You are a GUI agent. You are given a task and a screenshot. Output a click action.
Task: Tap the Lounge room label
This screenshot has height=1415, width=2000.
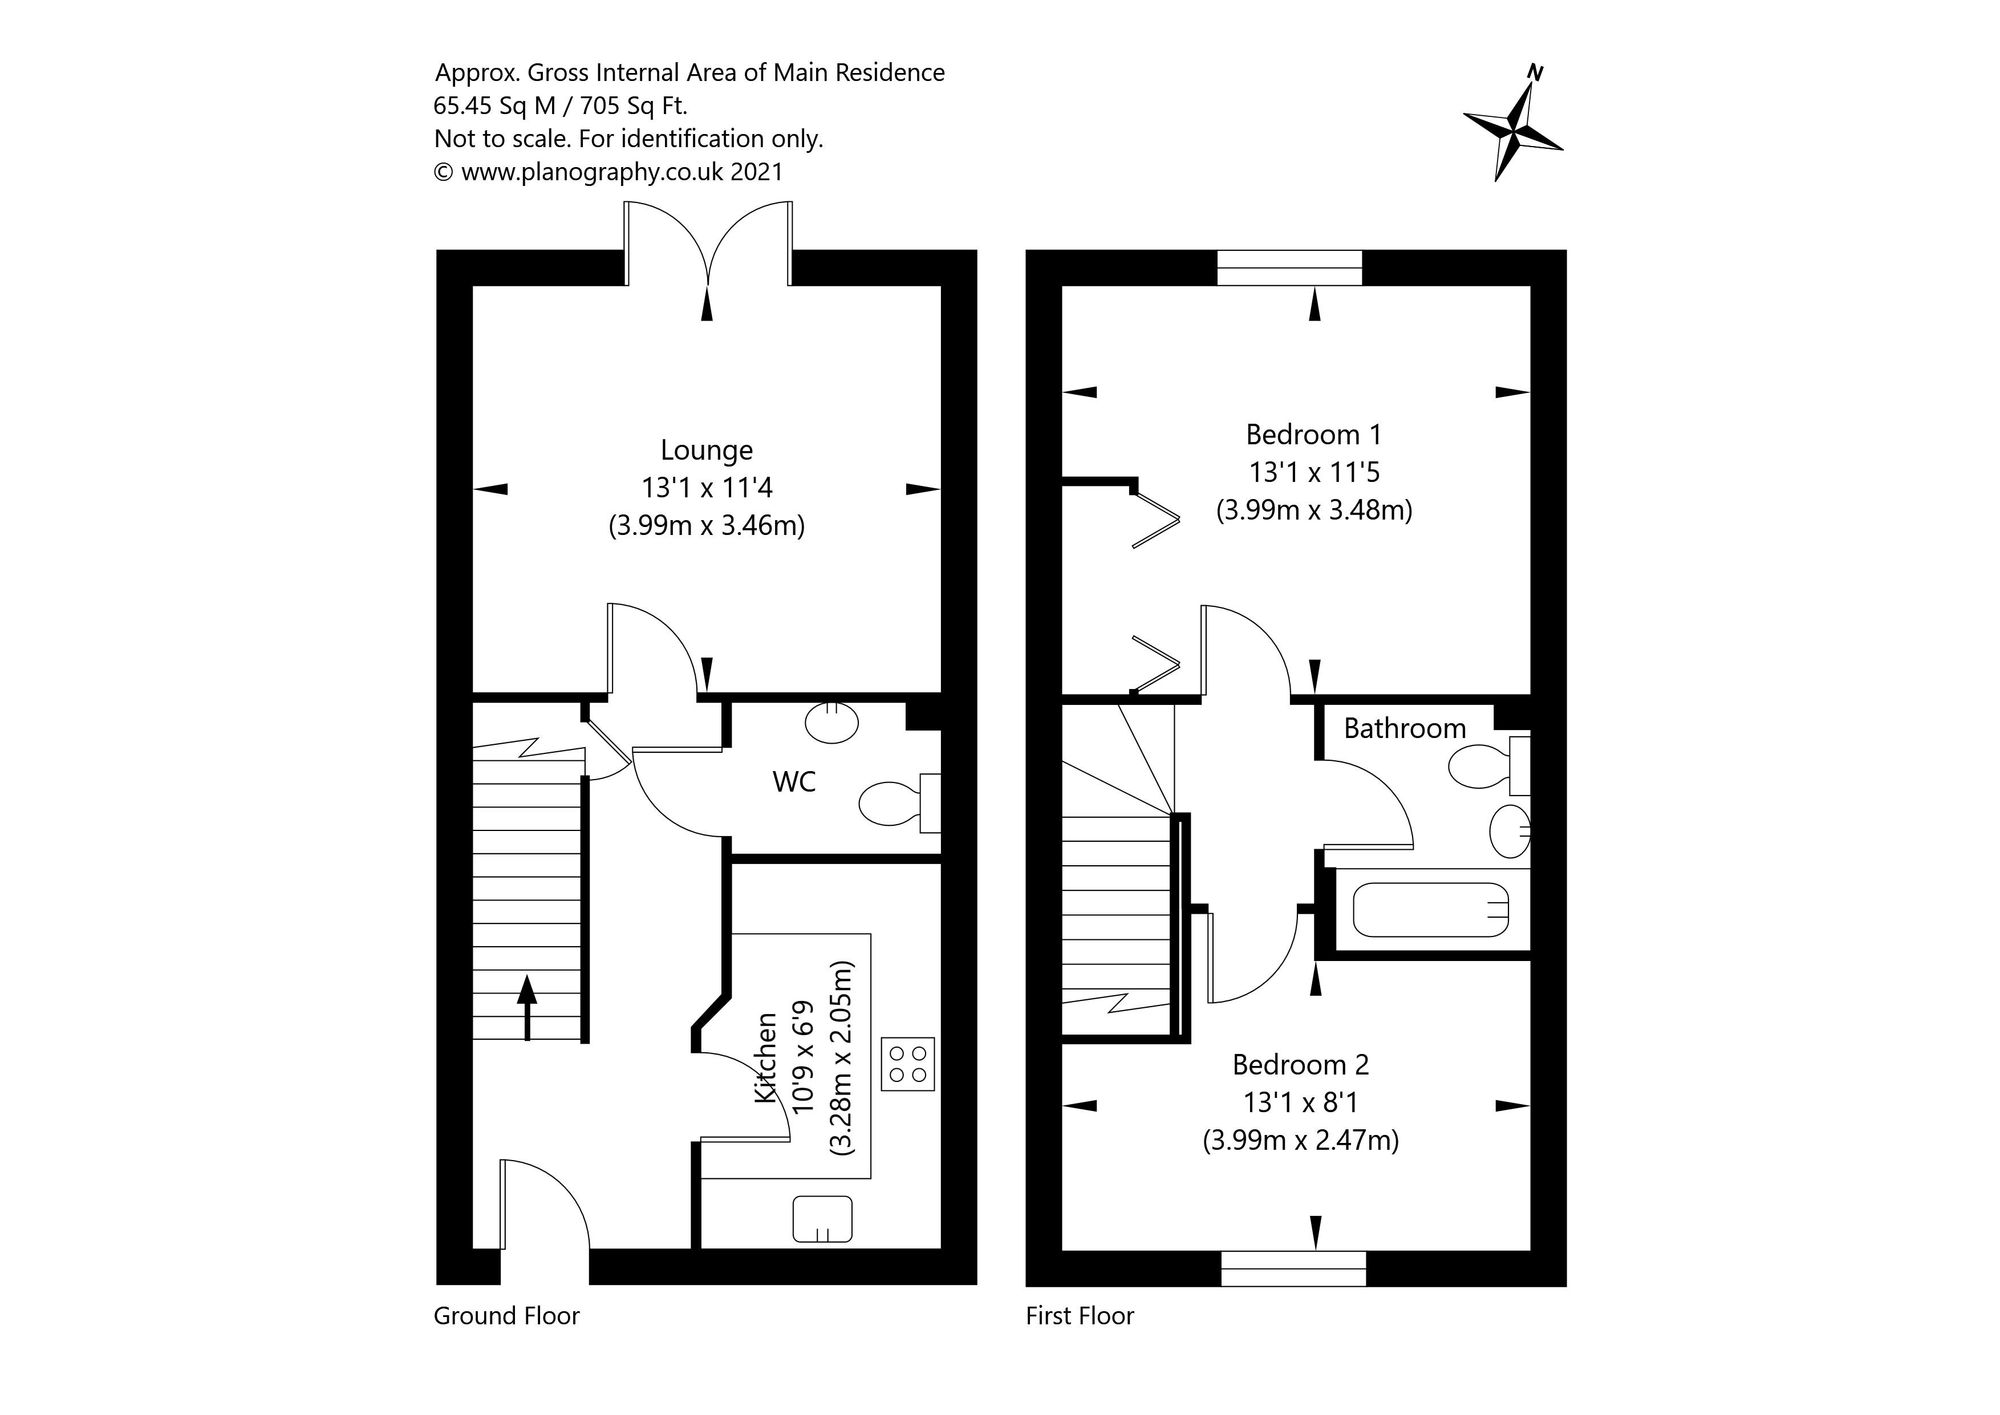tap(707, 451)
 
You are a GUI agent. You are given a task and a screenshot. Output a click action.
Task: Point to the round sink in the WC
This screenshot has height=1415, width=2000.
tap(832, 722)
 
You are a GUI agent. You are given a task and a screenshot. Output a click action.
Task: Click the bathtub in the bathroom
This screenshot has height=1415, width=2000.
tap(1430, 910)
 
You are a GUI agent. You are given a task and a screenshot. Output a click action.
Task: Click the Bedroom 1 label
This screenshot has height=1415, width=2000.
tap(1313, 435)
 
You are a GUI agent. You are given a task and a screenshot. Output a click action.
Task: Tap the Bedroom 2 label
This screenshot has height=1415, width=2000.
tap(1300, 1065)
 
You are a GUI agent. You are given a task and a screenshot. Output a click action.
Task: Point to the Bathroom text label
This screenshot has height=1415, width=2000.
tap(1404, 728)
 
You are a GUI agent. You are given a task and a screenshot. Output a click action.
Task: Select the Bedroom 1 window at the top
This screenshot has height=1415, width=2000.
tap(1289, 267)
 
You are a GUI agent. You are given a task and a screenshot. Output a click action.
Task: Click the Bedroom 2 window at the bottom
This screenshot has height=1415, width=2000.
tap(1293, 1268)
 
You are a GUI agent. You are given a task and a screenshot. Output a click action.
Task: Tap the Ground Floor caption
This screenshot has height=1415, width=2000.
tap(506, 1316)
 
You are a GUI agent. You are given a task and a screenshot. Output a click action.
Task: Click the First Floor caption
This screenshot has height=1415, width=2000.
tap(1079, 1316)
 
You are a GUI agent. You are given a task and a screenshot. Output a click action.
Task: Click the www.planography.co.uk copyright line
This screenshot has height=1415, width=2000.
tap(608, 172)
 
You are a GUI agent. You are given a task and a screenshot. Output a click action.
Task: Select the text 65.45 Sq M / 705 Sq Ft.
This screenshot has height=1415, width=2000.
tap(560, 106)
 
